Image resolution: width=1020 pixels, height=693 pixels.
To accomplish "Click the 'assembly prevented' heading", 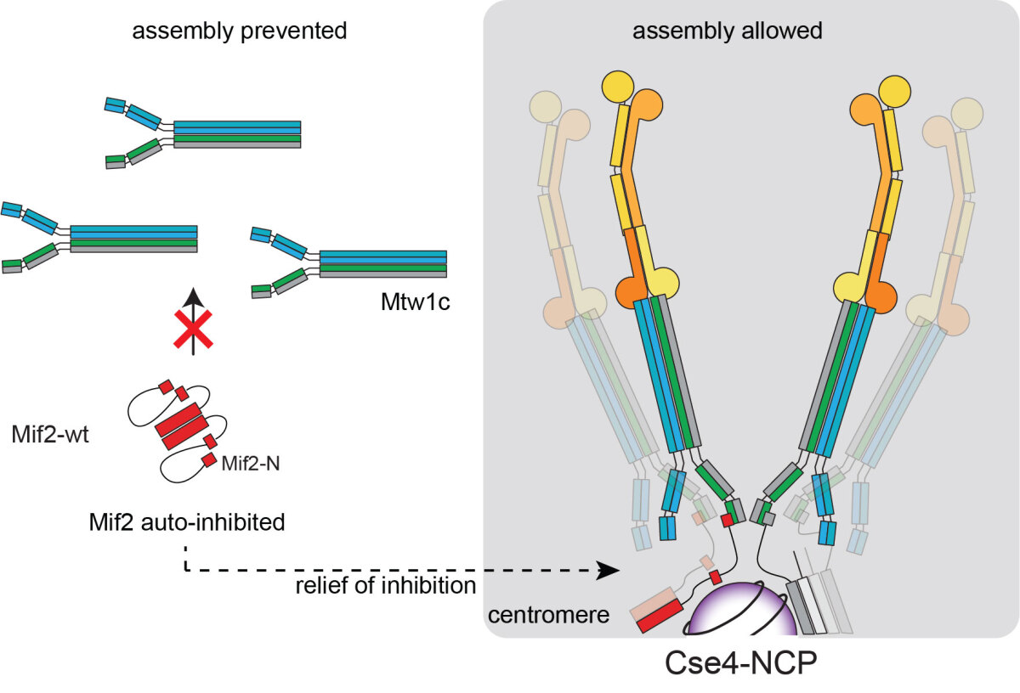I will point(239,31).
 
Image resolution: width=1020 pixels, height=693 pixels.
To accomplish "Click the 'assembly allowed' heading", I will point(728,31).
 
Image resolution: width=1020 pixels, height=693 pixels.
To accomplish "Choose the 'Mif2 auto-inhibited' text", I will point(186,522).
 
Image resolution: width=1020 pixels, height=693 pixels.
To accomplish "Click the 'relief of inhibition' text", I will point(386,585).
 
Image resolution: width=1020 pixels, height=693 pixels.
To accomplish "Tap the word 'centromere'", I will point(549,613).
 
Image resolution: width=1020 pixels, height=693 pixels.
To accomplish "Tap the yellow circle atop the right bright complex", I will point(892,88).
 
